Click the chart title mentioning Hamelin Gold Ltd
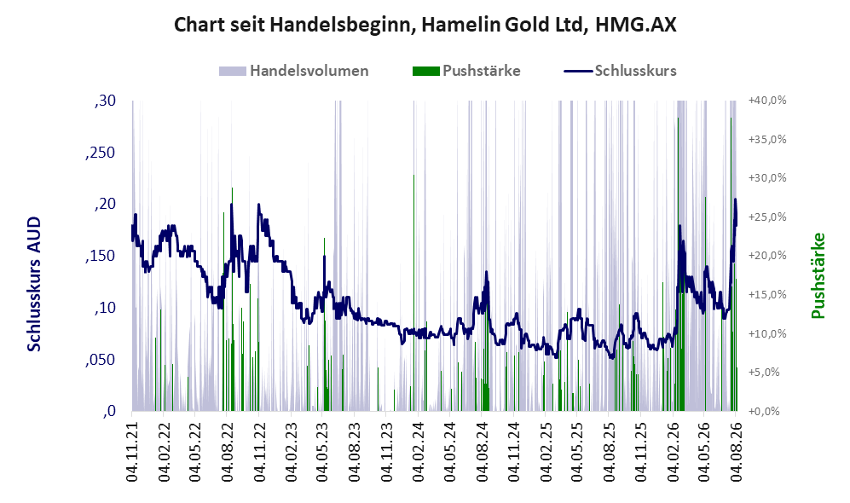pos(425,25)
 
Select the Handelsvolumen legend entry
pos(294,71)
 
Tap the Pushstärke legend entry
pos(466,71)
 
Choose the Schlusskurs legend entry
pos(620,71)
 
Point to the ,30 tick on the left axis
pos(104,101)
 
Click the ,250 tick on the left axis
pos(101,153)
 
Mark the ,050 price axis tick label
pos(101,360)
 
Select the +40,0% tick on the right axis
pos(767,101)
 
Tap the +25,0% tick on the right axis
pos(767,217)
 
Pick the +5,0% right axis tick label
pos(764,373)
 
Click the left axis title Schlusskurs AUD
pos(33,284)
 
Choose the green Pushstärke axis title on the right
pos(818,275)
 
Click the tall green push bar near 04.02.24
pos(413,292)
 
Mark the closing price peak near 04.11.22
pos(258,205)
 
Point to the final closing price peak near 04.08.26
pos(735,199)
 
